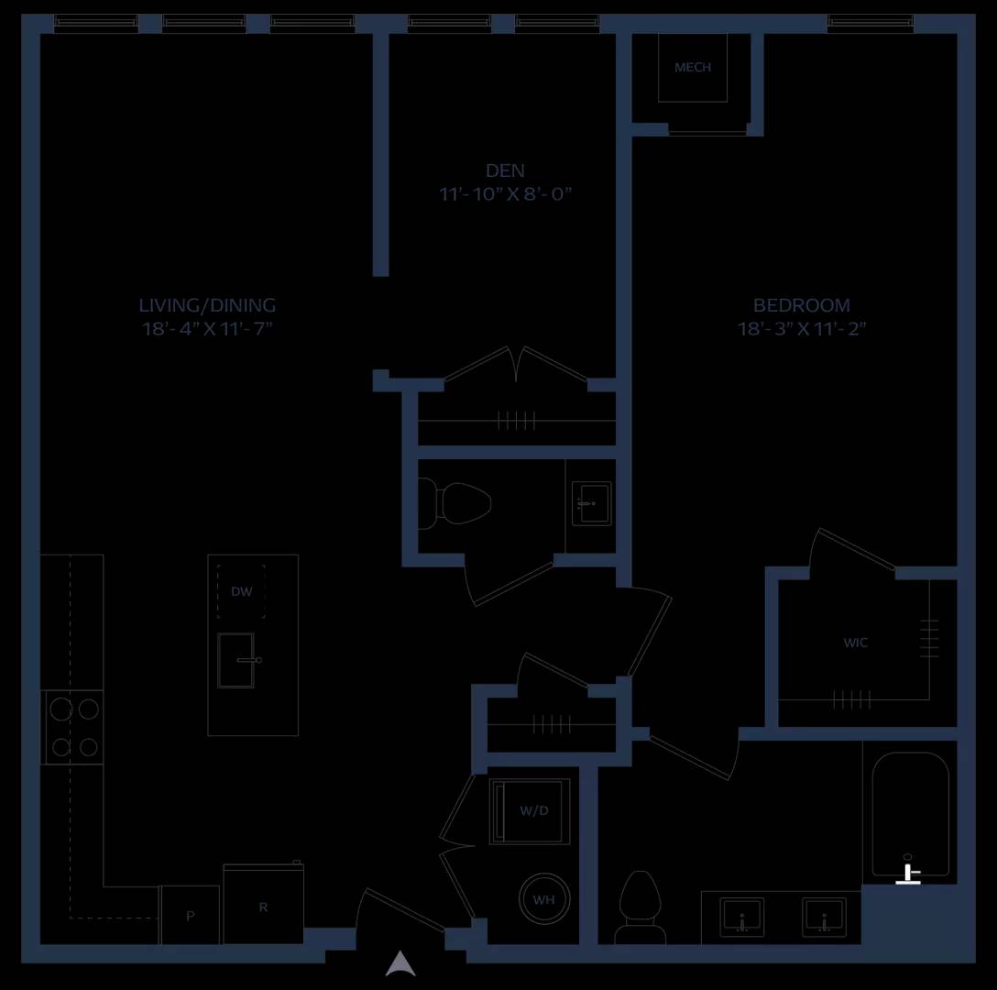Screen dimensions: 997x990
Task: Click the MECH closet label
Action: point(693,67)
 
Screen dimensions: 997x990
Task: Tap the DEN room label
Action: point(505,170)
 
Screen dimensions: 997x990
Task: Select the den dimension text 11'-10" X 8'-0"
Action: point(506,193)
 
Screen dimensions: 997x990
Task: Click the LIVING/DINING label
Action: point(207,305)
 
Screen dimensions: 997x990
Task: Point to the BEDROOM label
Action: point(801,305)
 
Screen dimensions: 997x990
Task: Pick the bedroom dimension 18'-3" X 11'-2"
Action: point(801,328)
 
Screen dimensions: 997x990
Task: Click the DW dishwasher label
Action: point(242,591)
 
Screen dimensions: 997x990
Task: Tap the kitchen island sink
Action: point(236,660)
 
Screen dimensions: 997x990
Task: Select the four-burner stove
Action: point(73,727)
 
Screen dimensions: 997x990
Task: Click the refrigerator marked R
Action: point(263,904)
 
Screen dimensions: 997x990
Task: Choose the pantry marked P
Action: point(190,915)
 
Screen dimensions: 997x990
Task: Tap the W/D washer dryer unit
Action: point(529,811)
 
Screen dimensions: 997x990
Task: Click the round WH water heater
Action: point(543,899)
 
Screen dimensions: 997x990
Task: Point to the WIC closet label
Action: point(855,643)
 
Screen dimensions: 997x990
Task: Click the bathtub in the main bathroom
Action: point(911,814)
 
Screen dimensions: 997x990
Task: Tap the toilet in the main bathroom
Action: point(641,907)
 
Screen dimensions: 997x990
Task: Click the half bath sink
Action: point(591,503)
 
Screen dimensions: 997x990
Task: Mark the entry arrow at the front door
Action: point(400,963)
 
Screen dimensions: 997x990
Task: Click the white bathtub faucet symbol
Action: point(908,874)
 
